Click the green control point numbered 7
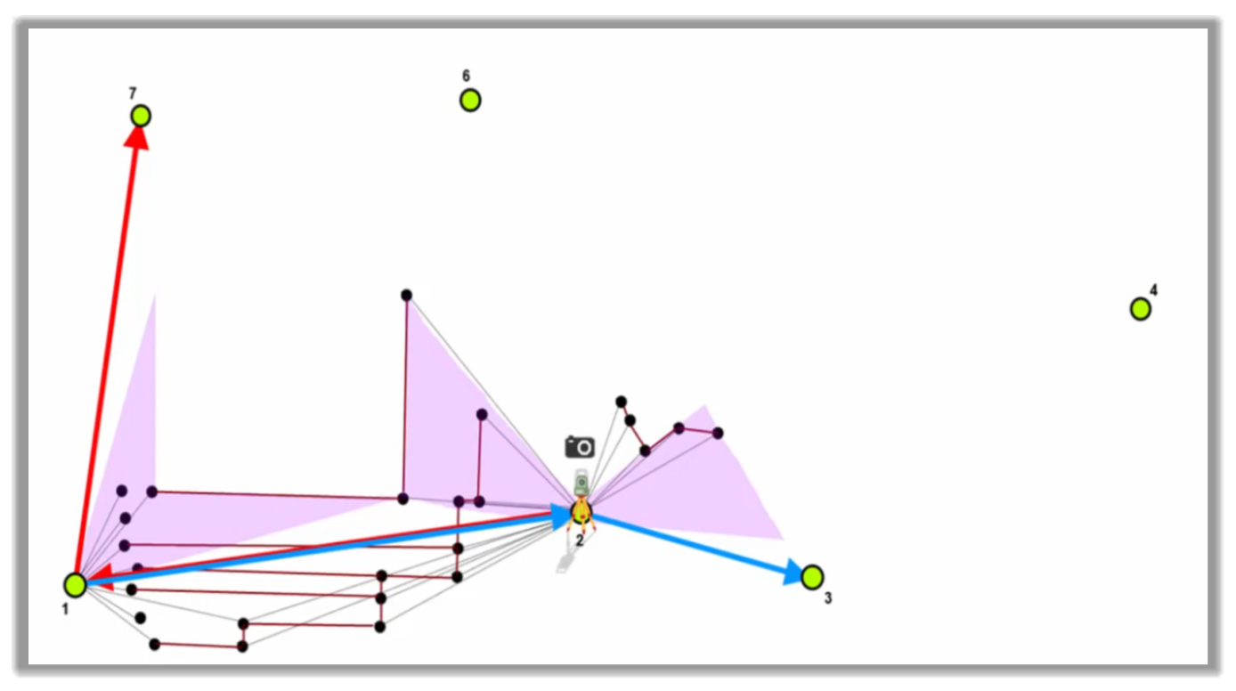click(x=141, y=116)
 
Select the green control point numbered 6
click(x=470, y=101)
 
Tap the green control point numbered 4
click(x=1140, y=309)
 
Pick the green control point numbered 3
click(x=812, y=577)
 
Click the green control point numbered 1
click(x=75, y=585)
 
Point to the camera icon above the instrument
click(x=580, y=446)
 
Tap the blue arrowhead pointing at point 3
click(x=794, y=572)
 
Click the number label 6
click(x=466, y=76)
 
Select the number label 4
click(x=1153, y=290)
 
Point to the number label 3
click(x=827, y=598)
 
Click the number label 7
click(x=133, y=93)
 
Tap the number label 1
click(x=65, y=610)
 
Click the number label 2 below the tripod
click(x=580, y=541)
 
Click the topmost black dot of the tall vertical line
click(x=407, y=296)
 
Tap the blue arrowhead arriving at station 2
click(x=562, y=516)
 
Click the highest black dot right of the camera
click(x=621, y=402)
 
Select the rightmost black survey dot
click(x=718, y=434)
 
